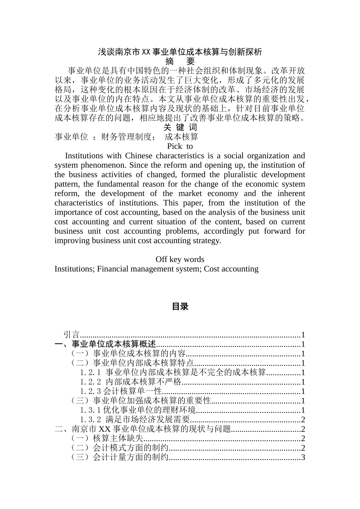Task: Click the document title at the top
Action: point(180,52)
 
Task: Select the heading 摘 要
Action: point(180,61)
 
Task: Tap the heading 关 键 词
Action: point(180,127)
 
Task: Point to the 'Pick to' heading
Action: point(180,146)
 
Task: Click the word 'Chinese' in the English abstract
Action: point(139,156)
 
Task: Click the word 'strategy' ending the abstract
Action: point(206,240)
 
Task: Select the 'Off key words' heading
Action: point(180,259)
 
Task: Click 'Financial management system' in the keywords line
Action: point(149,269)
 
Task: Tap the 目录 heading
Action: point(180,307)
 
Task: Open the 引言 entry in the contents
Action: point(72,335)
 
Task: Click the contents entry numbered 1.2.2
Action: point(131,382)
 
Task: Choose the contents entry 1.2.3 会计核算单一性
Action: point(121,391)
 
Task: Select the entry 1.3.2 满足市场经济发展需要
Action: point(135,420)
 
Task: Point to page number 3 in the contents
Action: point(303,457)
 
